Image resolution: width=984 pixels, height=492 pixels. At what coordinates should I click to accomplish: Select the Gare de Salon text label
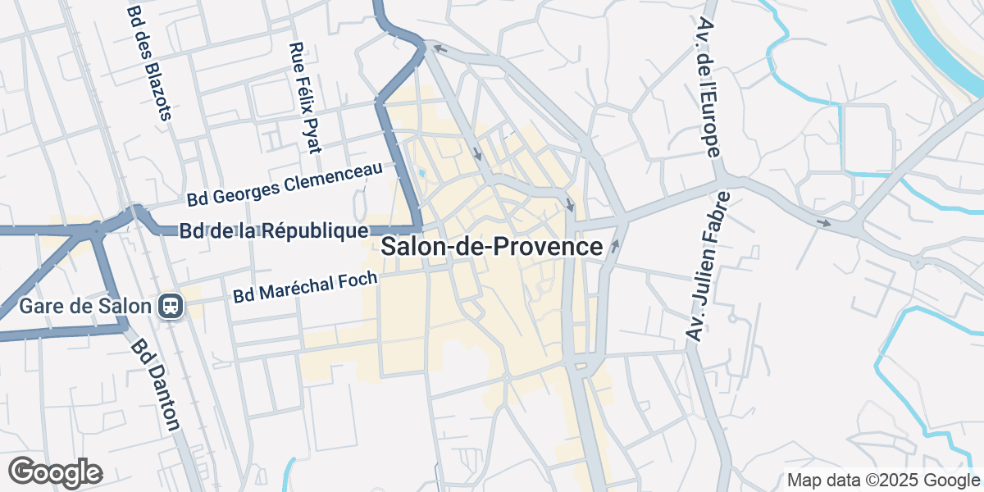[85, 307]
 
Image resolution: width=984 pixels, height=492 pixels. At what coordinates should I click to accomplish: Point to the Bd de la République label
[273, 231]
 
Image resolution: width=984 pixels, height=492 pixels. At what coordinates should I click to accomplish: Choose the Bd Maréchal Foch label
[305, 286]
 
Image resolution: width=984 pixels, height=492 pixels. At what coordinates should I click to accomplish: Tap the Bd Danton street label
[155, 385]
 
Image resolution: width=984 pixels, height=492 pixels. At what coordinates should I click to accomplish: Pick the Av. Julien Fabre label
[708, 265]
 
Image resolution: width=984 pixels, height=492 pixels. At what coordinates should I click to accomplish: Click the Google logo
[55, 471]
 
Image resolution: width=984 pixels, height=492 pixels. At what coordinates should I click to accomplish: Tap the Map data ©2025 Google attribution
[883, 481]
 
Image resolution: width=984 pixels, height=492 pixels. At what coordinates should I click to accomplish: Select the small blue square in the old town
[421, 173]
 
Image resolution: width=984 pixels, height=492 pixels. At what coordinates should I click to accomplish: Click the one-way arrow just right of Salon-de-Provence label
[615, 245]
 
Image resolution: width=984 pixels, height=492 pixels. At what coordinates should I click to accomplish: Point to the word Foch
[358, 280]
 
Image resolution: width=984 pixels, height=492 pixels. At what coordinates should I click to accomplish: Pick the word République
[314, 231]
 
